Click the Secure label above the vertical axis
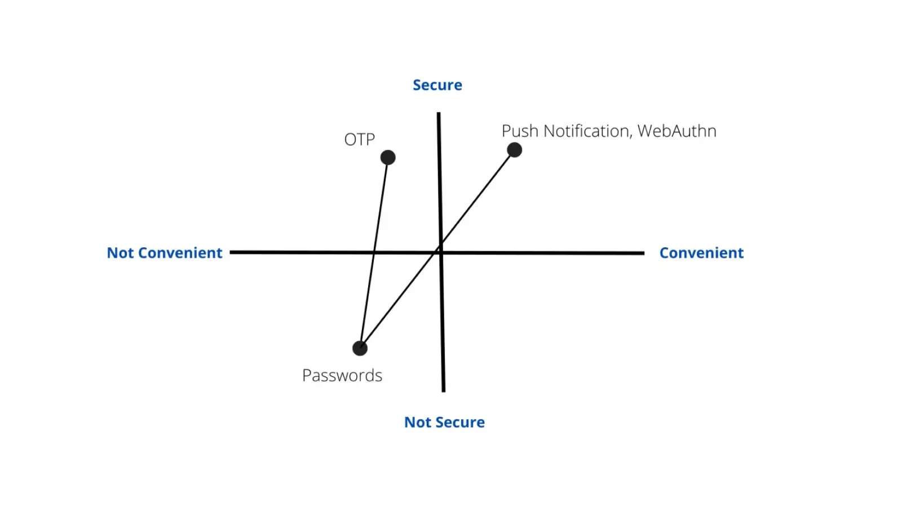click(x=437, y=85)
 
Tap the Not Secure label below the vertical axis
click(x=444, y=422)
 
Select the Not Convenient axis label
click(x=165, y=253)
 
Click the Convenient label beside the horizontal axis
click(x=701, y=253)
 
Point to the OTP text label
click(x=359, y=139)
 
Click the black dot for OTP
click(x=388, y=157)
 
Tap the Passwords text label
click(x=342, y=375)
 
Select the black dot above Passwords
click(x=360, y=348)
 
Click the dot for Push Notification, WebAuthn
click(x=514, y=150)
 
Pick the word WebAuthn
click(x=676, y=131)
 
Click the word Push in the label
click(x=520, y=131)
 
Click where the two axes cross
click(x=441, y=252)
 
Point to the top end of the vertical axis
click(x=439, y=114)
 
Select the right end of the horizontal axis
click(x=643, y=253)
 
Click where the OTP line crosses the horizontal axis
click(x=374, y=252)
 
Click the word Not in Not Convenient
click(x=120, y=253)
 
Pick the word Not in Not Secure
click(x=418, y=422)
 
